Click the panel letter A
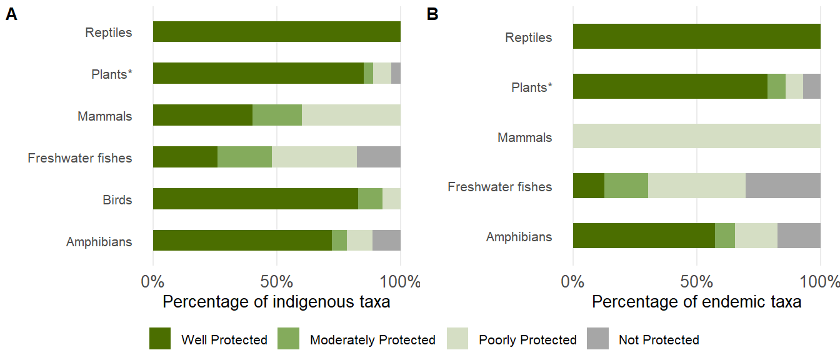tap(11, 15)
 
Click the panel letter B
tap(432, 14)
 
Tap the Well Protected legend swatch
tap(160, 339)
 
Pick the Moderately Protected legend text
tap(372, 340)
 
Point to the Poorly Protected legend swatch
tap(457, 339)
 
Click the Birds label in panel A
tap(117, 200)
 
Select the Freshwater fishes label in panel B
tap(500, 187)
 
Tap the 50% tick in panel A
tap(277, 281)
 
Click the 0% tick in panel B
tap(573, 281)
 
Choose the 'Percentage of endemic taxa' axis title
tap(696, 302)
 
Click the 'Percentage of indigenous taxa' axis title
tap(276, 302)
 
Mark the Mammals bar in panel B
tap(696, 136)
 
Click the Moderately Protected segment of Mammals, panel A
tap(277, 115)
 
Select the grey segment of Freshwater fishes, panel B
tap(782, 186)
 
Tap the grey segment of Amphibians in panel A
tap(386, 241)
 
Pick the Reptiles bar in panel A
tap(276, 32)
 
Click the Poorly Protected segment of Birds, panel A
tap(391, 199)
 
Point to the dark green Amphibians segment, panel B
tap(644, 236)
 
